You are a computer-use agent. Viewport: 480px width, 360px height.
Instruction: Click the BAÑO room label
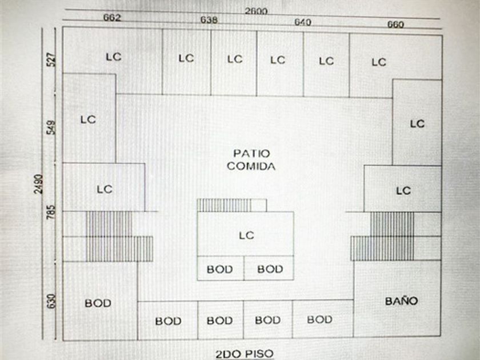(x=401, y=301)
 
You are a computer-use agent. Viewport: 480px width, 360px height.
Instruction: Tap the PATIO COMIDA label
(x=251, y=160)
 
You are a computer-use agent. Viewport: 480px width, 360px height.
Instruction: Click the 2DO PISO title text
(x=244, y=354)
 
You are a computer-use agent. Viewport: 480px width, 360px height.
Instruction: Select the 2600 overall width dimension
(x=256, y=11)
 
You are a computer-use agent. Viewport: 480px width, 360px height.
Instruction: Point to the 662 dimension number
(x=112, y=18)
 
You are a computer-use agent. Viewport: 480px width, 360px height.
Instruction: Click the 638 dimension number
(x=209, y=21)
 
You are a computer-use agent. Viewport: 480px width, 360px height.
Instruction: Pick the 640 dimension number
(x=303, y=22)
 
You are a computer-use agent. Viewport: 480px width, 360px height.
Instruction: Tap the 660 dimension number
(x=395, y=25)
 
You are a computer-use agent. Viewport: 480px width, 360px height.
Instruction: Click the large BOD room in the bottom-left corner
(x=98, y=303)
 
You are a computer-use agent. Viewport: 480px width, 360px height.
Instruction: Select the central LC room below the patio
(x=246, y=235)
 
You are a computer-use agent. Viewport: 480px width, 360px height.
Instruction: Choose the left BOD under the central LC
(x=220, y=269)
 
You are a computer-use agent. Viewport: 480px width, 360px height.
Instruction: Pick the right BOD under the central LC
(x=270, y=269)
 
